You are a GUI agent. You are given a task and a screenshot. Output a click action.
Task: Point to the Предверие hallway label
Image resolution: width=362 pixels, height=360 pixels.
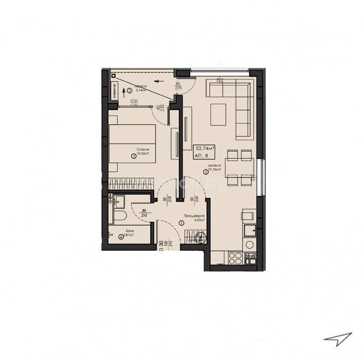pos(194,216)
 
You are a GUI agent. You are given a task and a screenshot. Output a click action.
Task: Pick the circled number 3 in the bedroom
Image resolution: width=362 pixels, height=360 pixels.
pos(134,157)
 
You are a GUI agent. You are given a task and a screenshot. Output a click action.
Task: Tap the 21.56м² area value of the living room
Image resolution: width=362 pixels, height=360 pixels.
pos(214,170)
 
